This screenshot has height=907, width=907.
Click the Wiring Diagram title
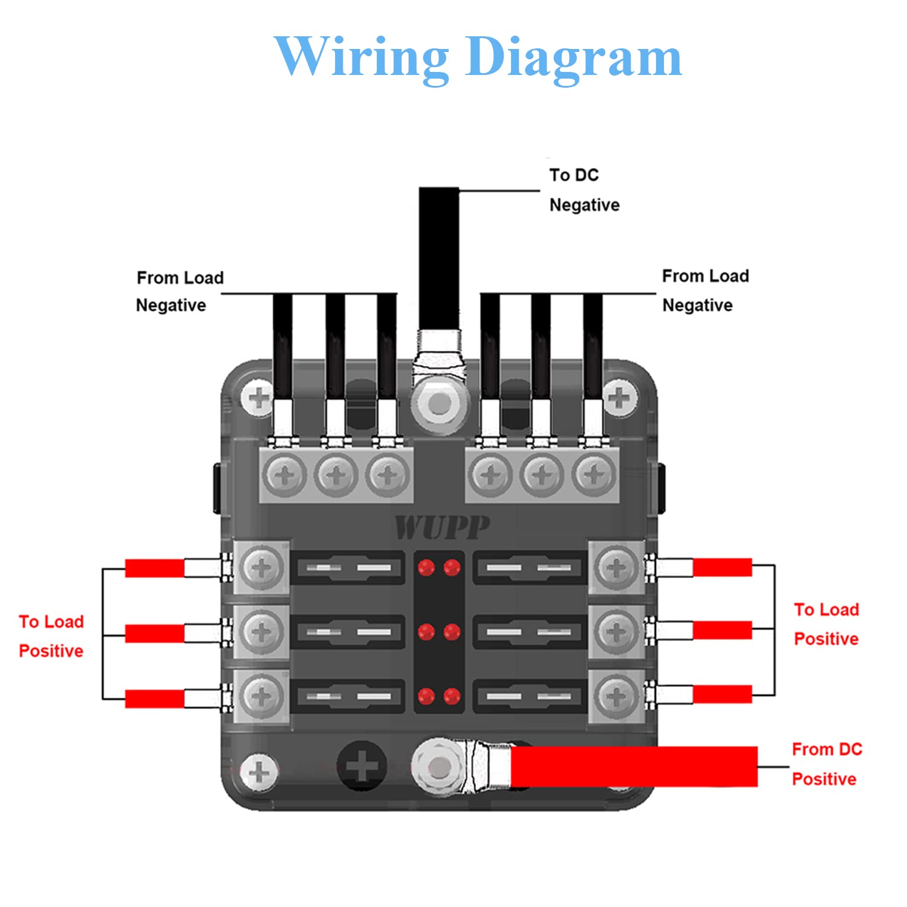[478, 57]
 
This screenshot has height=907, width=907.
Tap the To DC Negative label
[584, 190]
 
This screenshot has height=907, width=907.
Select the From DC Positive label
[826, 764]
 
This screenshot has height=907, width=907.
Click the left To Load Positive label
[51, 636]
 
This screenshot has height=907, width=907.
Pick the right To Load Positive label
[826, 624]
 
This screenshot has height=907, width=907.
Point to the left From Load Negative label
[180, 291]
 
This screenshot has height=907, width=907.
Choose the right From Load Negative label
[705, 291]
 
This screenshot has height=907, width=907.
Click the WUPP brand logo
[441, 527]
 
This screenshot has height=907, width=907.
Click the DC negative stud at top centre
[440, 403]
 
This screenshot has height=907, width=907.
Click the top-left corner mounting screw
[259, 398]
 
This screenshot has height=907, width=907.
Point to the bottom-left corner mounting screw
[259, 772]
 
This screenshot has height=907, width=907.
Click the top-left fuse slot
[348, 568]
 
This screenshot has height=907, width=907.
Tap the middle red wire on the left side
[155, 633]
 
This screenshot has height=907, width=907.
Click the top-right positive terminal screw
[616, 568]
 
